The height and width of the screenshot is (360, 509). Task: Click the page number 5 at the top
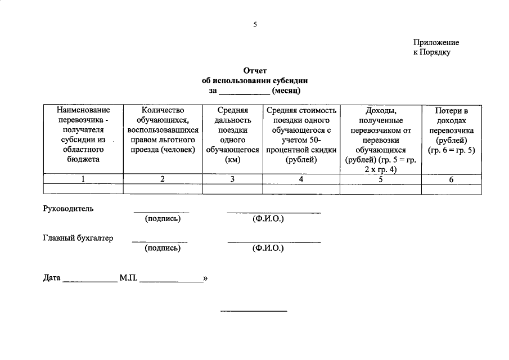(254, 24)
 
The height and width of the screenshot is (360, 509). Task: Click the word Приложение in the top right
(436, 42)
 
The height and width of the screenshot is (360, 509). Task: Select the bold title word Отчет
(254, 71)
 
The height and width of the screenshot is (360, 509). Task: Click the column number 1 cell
(83, 179)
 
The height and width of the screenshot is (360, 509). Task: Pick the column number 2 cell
(163, 179)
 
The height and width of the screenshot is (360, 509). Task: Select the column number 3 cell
(232, 179)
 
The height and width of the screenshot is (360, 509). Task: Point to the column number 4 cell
(301, 179)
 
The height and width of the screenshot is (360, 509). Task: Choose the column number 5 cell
(381, 179)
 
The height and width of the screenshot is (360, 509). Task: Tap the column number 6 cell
(451, 179)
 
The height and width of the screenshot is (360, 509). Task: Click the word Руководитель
(68, 209)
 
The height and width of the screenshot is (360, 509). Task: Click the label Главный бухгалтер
(78, 238)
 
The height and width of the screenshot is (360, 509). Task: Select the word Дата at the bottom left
(52, 278)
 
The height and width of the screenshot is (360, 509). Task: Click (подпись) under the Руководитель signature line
(162, 218)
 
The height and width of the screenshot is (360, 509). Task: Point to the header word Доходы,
(381, 110)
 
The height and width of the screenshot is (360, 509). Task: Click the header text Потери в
(451, 110)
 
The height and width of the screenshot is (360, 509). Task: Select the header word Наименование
(83, 110)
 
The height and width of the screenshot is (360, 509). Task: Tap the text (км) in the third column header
(232, 160)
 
